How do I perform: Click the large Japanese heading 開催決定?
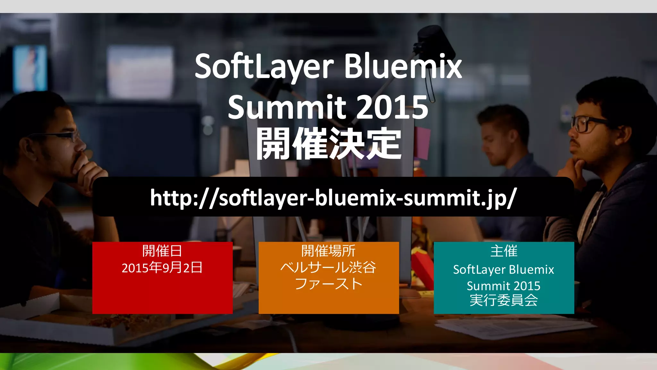(328, 143)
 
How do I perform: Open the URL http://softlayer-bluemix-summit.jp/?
(333, 197)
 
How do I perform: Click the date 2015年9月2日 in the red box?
(162, 268)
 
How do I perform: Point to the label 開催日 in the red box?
(162, 251)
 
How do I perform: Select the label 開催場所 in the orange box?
(328, 251)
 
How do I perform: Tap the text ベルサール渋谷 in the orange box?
(328, 268)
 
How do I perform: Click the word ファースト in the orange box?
(328, 284)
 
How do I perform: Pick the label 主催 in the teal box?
(504, 251)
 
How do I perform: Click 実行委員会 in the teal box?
(504, 300)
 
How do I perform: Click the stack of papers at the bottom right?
(516, 326)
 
